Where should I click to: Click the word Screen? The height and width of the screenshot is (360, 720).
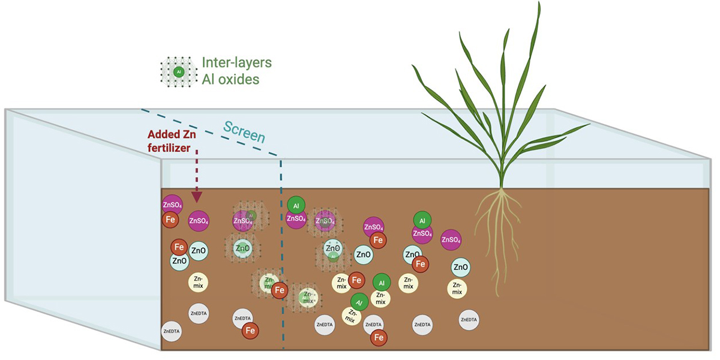[244, 131]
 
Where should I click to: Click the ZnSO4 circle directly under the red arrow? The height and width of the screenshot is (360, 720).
[199, 221]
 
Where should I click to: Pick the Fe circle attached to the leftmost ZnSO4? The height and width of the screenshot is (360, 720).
[170, 220]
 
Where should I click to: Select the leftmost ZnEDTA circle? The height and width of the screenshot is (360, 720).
[171, 331]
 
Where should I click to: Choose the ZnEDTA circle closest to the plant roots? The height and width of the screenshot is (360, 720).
[469, 320]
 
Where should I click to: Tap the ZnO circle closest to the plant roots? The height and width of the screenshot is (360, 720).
[460, 267]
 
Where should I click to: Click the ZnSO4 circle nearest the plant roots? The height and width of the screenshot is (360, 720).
[451, 240]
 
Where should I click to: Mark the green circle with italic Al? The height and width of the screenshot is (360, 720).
[359, 302]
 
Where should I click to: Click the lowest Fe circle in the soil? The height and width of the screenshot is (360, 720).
[379, 338]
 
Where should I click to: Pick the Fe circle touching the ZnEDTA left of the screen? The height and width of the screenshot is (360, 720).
[250, 331]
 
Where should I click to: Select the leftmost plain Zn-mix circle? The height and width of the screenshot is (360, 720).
[199, 281]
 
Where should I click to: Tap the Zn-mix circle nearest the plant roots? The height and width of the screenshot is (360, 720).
[457, 289]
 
